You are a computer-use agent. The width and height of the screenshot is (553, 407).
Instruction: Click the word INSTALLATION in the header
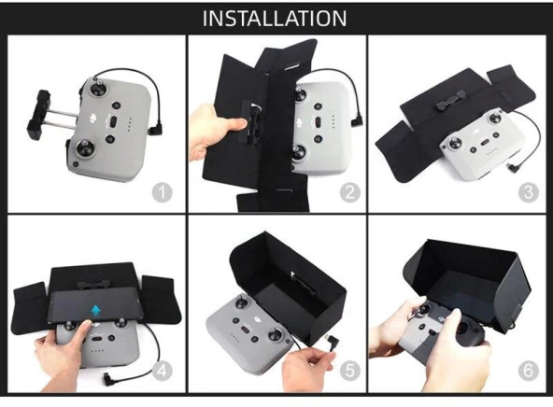275,19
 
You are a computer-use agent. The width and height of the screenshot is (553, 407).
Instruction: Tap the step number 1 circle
163,192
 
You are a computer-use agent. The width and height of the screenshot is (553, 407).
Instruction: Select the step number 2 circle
350,192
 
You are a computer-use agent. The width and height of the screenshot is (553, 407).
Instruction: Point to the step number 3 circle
529,192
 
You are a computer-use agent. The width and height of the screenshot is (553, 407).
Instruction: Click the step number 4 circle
163,371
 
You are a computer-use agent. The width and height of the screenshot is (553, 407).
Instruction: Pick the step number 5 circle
350,371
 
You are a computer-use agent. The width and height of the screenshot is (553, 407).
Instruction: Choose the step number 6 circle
529,371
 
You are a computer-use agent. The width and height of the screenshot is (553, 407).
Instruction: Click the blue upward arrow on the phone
95,310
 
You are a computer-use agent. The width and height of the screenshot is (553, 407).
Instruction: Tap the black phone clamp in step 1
39,115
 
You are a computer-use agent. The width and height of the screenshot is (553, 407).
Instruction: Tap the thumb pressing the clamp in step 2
234,125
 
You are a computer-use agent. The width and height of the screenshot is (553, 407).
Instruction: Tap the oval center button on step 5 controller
245,330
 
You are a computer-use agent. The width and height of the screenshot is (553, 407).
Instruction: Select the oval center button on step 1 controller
114,122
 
